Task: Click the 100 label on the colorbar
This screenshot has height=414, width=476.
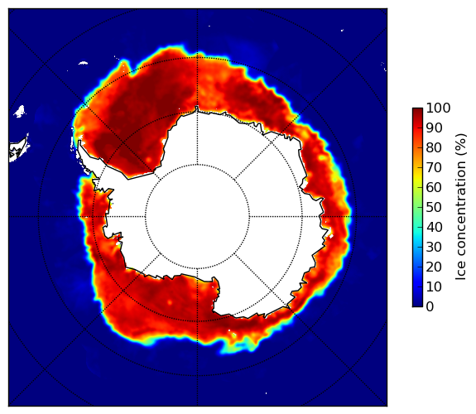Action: click(438, 108)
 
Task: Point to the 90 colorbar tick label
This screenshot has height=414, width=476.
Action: click(434, 128)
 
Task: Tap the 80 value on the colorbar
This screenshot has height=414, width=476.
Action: click(434, 147)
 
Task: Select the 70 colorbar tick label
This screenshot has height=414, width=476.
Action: click(434, 167)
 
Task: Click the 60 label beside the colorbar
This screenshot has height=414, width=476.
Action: click(434, 187)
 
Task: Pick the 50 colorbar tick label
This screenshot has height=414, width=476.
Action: click(434, 207)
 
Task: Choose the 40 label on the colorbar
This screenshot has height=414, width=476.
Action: click(434, 227)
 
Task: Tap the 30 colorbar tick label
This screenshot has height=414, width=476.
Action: click(434, 247)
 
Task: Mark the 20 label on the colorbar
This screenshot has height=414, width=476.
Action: click(434, 267)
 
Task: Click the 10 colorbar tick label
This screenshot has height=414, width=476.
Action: click(434, 286)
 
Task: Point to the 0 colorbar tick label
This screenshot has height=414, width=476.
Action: click(430, 307)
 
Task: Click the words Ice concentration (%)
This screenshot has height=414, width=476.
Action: click(460, 207)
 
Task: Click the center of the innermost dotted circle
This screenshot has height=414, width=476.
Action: click(197, 217)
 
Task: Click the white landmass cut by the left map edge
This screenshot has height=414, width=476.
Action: click(18, 150)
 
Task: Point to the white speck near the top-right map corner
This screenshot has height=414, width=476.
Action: click(342, 30)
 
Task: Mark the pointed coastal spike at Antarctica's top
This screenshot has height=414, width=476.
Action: click(197, 108)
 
